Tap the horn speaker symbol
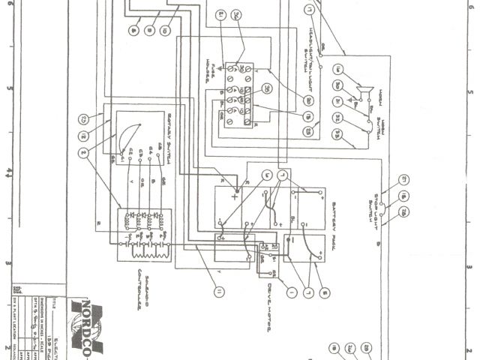pos(365,92)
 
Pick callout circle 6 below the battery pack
pos(323,292)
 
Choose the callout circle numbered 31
pos(337,102)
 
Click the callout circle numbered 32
pos(337,118)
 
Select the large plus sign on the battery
pos(235,197)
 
